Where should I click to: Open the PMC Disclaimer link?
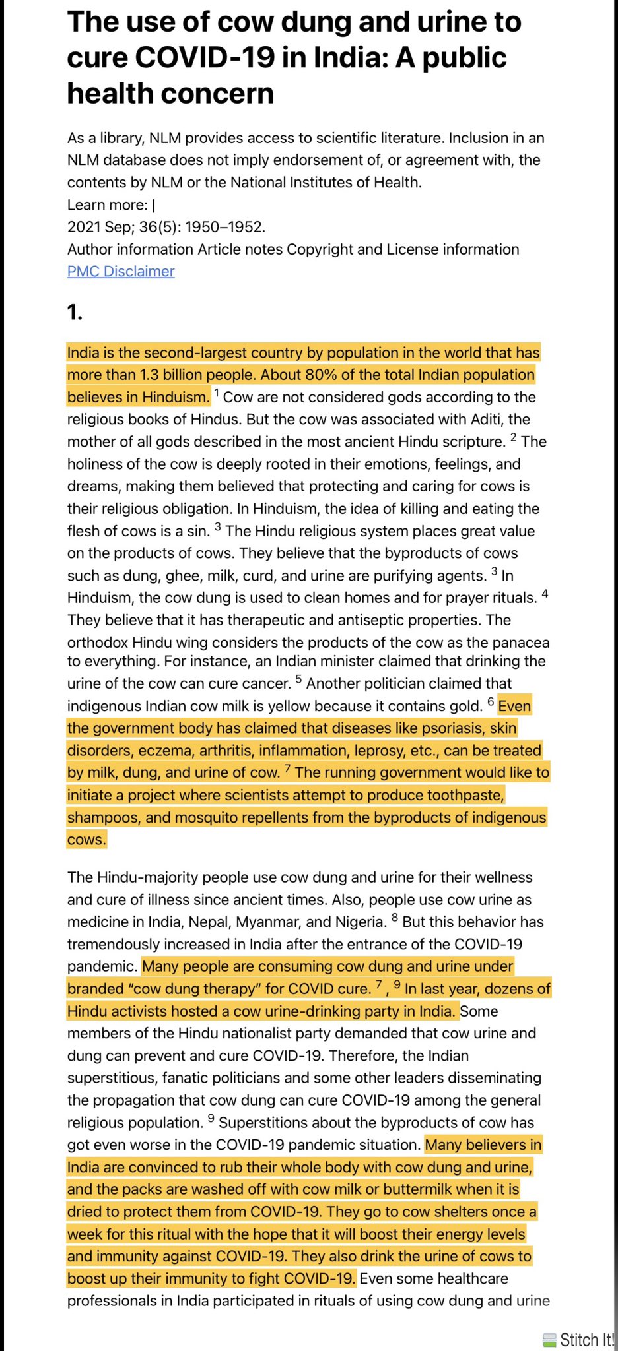(x=121, y=271)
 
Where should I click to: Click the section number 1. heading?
(x=75, y=312)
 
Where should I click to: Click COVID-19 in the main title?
(x=205, y=58)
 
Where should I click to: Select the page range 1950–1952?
(x=224, y=227)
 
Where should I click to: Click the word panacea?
(x=520, y=643)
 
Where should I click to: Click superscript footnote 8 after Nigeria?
(x=395, y=918)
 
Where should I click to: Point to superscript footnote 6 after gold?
(x=491, y=702)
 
